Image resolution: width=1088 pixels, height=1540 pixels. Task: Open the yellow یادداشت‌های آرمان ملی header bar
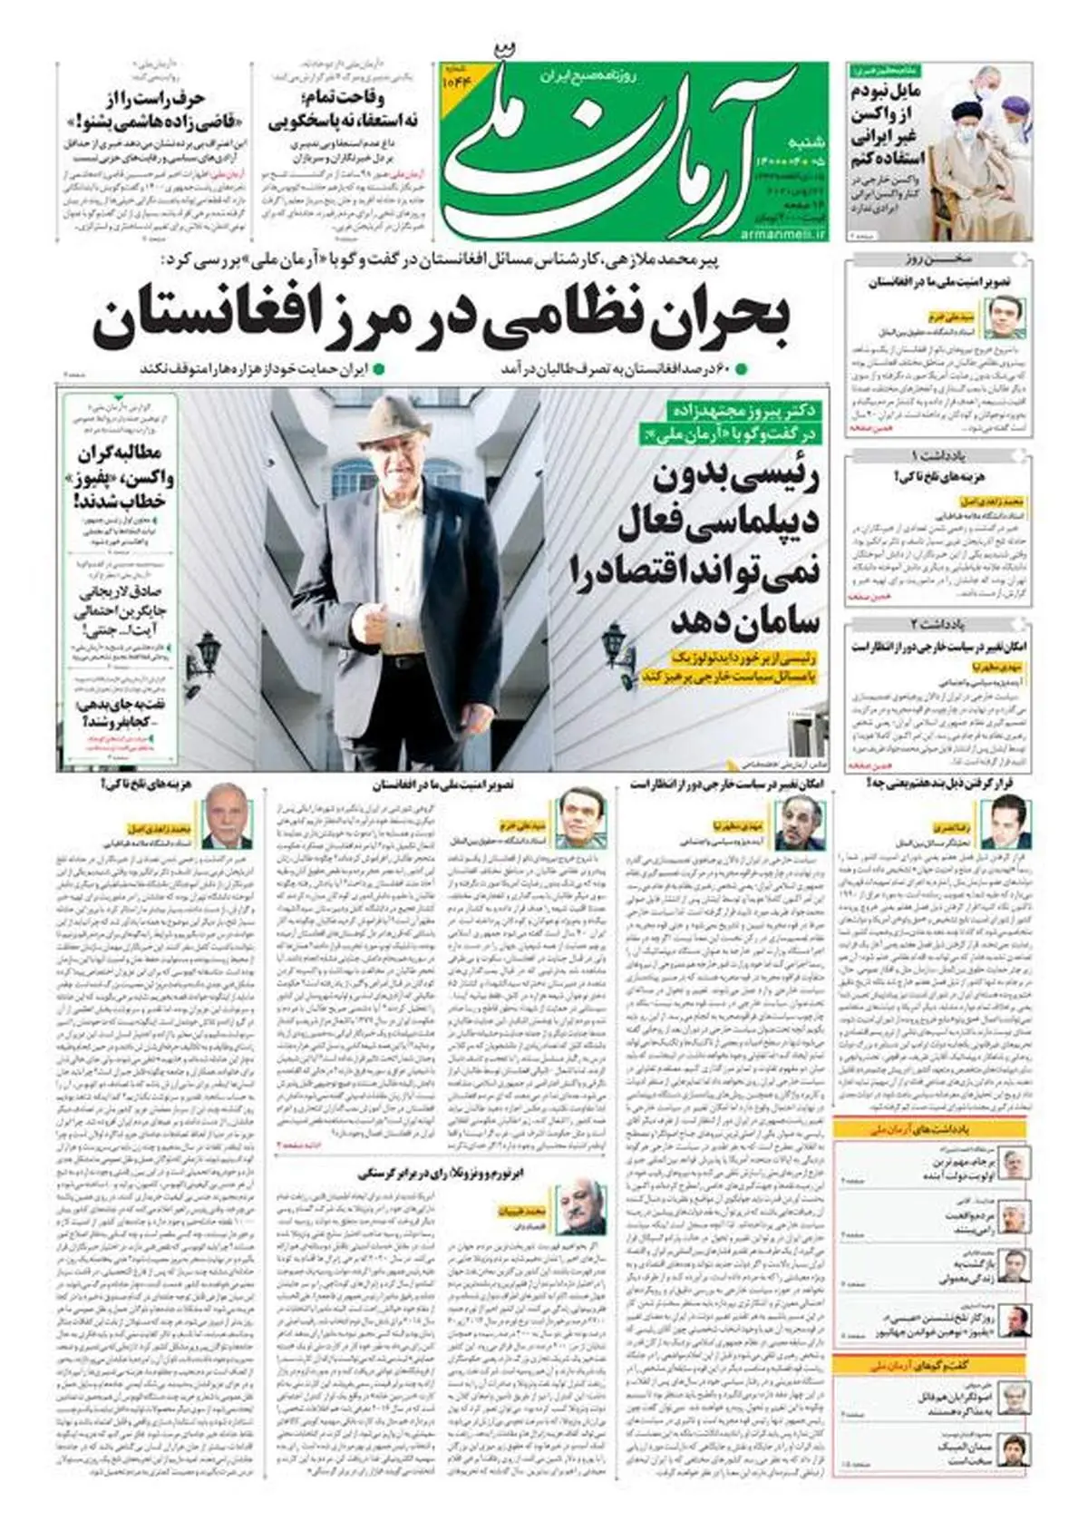click(x=934, y=1129)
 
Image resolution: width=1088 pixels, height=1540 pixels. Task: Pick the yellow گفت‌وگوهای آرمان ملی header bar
click(x=934, y=1365)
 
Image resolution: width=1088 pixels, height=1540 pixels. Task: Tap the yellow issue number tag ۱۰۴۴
click(x=453, y=82)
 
